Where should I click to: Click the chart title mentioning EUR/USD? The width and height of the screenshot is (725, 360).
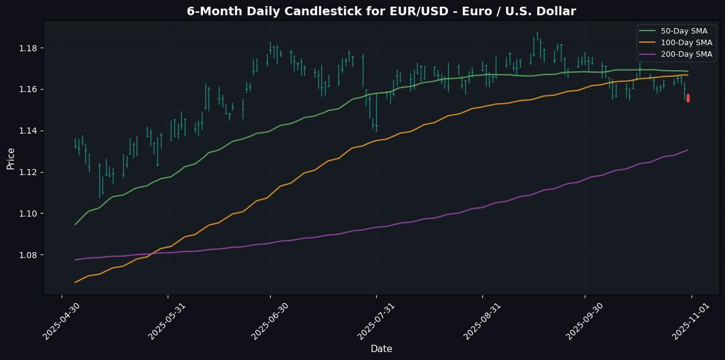click(x=381, y=11)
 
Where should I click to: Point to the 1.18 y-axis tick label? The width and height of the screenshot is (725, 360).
click(x=28, y=48)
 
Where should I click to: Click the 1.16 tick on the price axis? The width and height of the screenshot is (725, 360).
click(x=28, y=90)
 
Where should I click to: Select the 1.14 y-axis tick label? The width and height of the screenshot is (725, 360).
click(x=28, y=131)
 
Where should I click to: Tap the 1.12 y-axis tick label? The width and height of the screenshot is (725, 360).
click(x=28, y=172)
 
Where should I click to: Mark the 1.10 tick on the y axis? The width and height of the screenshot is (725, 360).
click(x=28, y=214)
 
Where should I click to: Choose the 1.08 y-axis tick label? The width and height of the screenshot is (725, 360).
click(x=28, y=255)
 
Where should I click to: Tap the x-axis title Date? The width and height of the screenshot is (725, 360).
click(x=381, y=349)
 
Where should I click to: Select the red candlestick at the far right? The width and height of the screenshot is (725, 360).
click(x=688, y=98)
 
